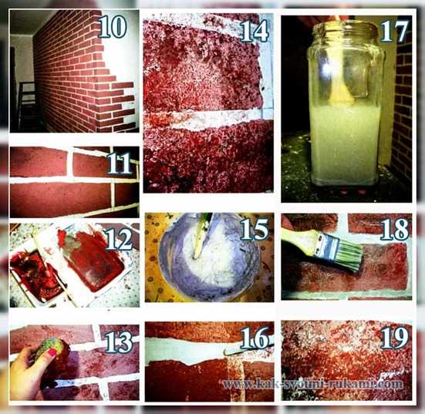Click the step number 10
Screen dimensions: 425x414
coord(113,26)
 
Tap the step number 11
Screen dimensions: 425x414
coord(120,163)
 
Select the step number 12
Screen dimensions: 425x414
coord(120,240)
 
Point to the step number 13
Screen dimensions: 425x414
coord(119,342)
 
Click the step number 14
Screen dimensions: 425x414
coord(255,31)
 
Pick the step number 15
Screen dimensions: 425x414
coord(255,229)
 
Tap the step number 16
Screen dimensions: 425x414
coord(255,338)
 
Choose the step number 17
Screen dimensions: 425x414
coord(394,32)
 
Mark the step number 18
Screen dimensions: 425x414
coord(395,229)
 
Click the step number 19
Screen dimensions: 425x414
coord(395,337)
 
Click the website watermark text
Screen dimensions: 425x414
coord(312,384)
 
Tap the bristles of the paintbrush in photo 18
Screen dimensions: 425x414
coord(349,256)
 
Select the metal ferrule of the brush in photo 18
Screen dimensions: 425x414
coord(327,246)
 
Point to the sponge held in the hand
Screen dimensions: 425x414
coord(50,348)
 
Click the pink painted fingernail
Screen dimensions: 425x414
coord(52,352)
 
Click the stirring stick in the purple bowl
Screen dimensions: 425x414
coord(201,237)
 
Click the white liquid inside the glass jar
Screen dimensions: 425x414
coord(345,143)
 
